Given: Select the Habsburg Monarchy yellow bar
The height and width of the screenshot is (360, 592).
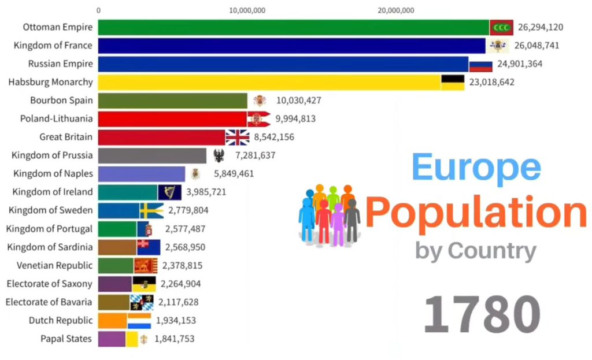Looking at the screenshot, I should tap(269, 82).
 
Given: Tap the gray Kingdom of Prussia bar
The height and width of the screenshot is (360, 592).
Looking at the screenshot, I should tap(151, 155).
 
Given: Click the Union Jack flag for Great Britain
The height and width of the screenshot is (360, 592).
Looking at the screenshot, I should tap(237, 137).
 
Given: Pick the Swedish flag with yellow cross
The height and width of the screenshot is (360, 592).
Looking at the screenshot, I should tap(151, 210).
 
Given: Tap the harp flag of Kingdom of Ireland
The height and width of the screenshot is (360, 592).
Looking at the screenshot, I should tap(169, 192).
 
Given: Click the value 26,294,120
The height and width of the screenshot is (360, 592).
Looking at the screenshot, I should tap(540, 27).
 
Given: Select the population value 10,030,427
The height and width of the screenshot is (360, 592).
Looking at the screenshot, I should tap(298, 101).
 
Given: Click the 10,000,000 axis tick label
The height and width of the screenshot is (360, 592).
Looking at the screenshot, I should tap(247, 10).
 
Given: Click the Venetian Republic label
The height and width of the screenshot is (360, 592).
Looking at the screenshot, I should tap(54, 265).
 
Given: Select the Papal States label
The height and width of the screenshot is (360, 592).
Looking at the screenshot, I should tap(66, 339).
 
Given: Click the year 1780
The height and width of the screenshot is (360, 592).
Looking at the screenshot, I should tap(482, 314).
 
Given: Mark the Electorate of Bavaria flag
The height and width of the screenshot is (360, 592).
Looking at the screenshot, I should tap(142, 302).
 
